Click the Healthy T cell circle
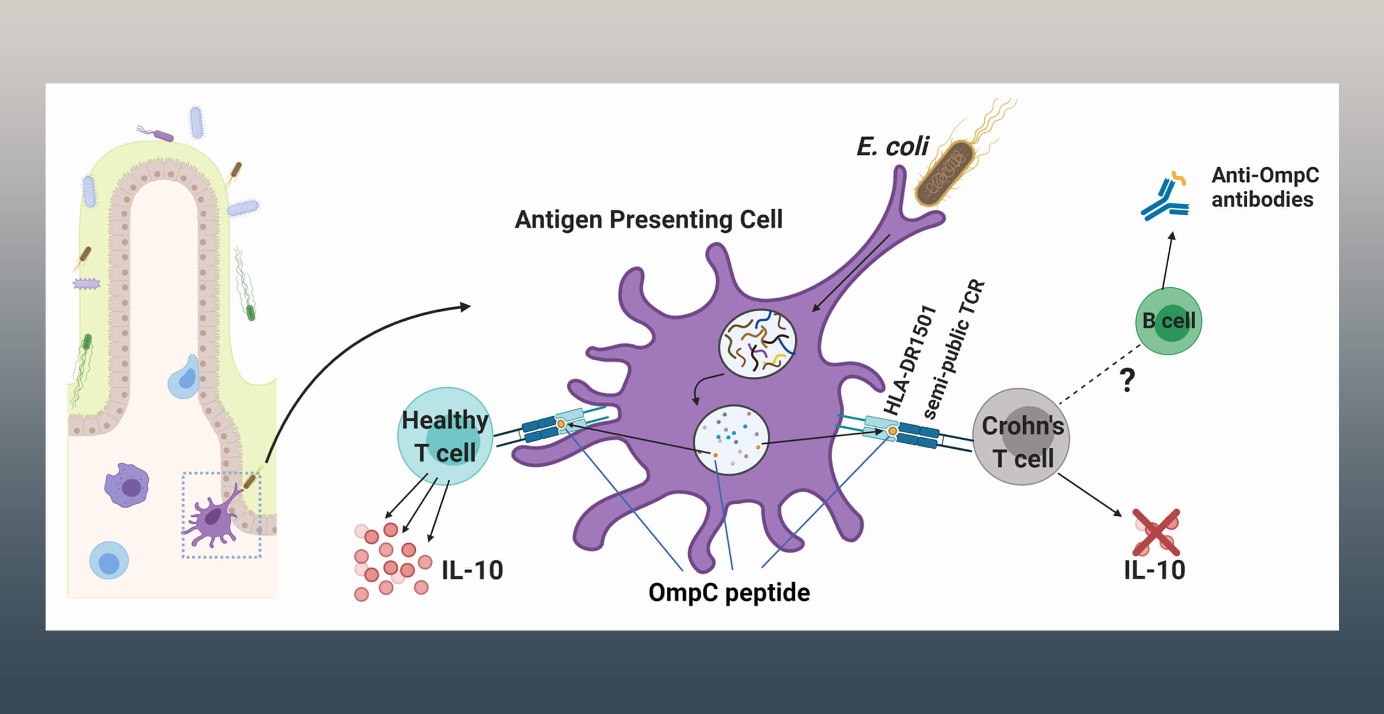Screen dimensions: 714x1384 [x=445, y=436]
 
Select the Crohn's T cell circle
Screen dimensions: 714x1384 [x=1021, y=437]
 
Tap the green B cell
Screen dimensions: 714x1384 [x=1168, y=321]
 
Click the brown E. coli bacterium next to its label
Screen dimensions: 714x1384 [x=945, y=174]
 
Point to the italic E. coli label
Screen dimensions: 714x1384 [x=892, y=147]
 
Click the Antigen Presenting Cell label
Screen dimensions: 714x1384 [x=648, y=220]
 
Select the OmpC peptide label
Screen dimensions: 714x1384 [x=729, y=593]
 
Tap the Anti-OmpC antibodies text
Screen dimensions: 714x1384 [x=1264, y=187]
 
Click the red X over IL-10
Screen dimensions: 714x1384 [x=1156, y=532]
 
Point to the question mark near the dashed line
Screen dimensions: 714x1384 [x=1127, y=380]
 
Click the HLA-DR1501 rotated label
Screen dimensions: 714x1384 [x=909, y=360]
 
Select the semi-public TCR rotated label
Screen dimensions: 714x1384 [x=954, y=349]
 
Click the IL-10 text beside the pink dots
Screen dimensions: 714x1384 [x=472, y=570]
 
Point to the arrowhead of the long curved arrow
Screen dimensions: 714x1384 [x=466, y=306]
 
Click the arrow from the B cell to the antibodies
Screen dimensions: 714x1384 [x=1167, y=260]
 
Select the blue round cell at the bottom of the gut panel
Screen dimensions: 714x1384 [x=109, y=561]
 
